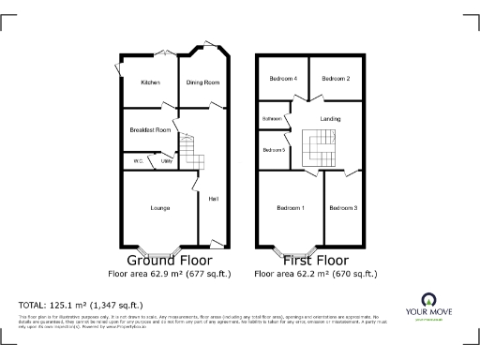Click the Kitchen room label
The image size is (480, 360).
[x=150, y=82]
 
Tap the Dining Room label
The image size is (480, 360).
[x=203, y=82]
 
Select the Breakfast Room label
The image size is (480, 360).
[x=150, y=129]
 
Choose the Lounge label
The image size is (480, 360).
[x=159, y=207]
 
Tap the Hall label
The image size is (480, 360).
[x=213, y=198]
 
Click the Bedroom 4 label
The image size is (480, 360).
[x=283, y=79]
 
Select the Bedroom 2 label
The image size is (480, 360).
[x=336, y=79]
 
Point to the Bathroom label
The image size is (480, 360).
[x=273, y=119]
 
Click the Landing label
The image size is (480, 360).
[x=330, y=119]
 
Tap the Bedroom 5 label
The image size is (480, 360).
[x=274, y=150]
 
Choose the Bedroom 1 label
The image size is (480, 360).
[x=291, y=207]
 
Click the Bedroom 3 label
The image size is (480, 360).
[x=342, y=207]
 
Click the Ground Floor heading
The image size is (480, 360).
[x=169, y=260]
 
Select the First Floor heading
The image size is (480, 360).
[x=315, y=260]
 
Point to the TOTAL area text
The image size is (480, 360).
[x=81, y=305]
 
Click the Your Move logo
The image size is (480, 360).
[x=432, y=307]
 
